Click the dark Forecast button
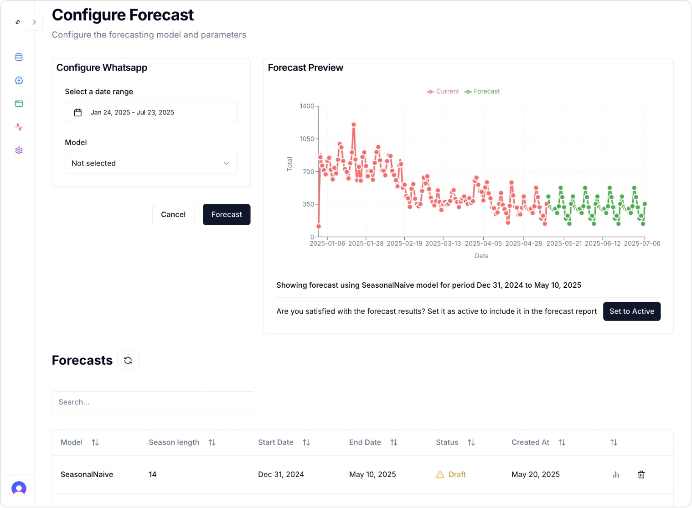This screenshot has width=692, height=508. coord(227,214)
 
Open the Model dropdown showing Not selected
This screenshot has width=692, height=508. coord(151,163)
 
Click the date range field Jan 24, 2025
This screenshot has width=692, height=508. coord(151,113)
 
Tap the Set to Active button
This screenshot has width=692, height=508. coord(631,311)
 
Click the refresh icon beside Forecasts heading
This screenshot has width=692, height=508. coord(128,361)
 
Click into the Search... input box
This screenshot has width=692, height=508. coord(153,402)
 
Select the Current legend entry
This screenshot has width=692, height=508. coord(443,92)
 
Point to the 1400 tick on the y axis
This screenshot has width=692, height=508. coord(307,106)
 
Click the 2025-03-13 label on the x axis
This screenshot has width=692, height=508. coord(443,244)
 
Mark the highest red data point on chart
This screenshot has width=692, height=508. coord(353,124)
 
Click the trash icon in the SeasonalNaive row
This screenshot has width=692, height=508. coord(641,475)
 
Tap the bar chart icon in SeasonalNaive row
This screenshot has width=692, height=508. coord(616,475)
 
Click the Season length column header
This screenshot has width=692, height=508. coord(174,442)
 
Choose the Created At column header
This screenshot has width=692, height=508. coord(530,442)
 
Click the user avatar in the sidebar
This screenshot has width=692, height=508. coord(19,488)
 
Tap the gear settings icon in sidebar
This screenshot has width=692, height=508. coord(19,150)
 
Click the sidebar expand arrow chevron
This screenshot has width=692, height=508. coord(34,22)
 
